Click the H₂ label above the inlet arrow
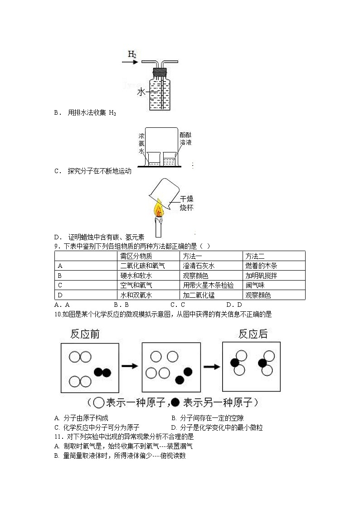(x=132, y=55)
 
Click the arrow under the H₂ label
(x=131, y=63)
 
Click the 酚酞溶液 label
(x=185, y=139)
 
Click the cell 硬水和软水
(x=136, y=276)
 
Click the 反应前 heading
(x=85, y=334)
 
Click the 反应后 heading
(x=253, y=334)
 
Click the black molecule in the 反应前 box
(x=102, y=373)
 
